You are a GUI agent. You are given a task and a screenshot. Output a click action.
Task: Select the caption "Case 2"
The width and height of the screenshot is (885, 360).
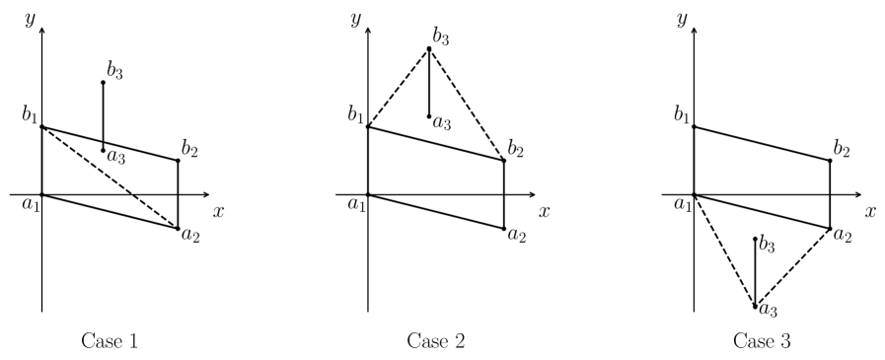pos(437,341)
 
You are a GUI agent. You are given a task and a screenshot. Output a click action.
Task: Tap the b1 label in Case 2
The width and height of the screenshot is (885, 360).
pos(354,116)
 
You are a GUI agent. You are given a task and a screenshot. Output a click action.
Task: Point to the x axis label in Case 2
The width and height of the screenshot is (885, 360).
pos(544,211)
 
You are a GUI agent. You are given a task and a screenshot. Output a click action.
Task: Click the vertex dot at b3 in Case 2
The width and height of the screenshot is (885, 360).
pos(429,48)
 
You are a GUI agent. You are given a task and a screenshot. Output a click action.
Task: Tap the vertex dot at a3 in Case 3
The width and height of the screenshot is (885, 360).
pos(755,307)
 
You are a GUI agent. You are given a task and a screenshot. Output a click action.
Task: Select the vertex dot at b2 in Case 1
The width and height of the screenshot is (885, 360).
pos(178,160)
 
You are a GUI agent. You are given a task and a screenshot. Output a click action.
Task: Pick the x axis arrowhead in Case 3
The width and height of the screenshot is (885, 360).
pos(856,194)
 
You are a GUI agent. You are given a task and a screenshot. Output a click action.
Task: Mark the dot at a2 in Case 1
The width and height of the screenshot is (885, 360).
pos(178,229)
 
